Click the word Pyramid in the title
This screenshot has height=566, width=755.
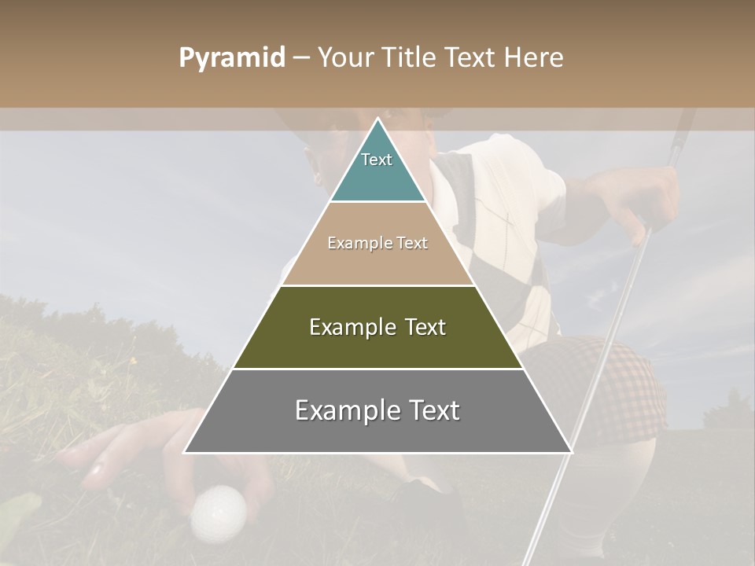[x=231, y=58]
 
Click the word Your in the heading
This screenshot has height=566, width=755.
[x=344, y=58]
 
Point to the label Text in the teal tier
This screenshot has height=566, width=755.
[x=377, y=160]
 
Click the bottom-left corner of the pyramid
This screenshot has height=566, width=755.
[x=185, y=452]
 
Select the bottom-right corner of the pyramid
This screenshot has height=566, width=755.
[x=572, y=452]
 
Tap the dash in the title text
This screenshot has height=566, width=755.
[x=301, y=58]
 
